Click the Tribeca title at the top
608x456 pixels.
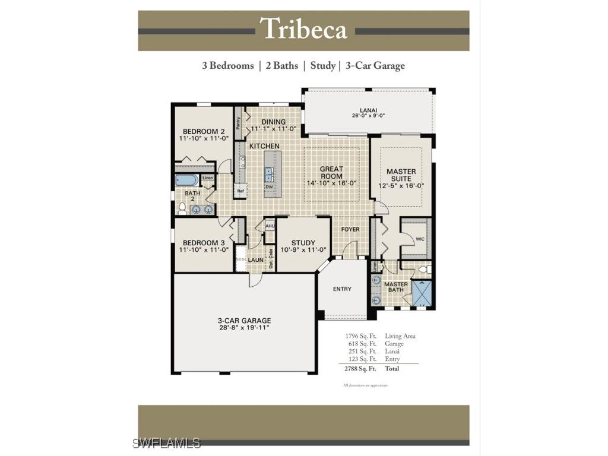pos(303,29)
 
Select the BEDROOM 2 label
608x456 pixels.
pos(203,131)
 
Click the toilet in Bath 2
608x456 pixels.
pos(182,208)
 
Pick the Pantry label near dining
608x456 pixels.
pos(238,123)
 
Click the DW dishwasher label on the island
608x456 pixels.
pos(268,186)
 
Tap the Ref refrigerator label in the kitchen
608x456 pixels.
pos(240,191)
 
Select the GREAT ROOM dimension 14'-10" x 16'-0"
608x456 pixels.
pos(331,183)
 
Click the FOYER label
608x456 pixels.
pos(350,229)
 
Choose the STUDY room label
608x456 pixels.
pos(303,243)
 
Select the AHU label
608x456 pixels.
pos(270,226)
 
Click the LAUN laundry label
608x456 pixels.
pos(256,259)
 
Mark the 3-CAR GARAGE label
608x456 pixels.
pos(244,321)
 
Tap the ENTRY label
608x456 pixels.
pos(342,289)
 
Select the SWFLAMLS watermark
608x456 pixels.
pos(167,443)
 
